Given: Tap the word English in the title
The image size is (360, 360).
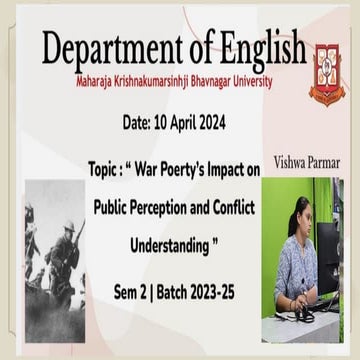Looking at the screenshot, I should point(254,46).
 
